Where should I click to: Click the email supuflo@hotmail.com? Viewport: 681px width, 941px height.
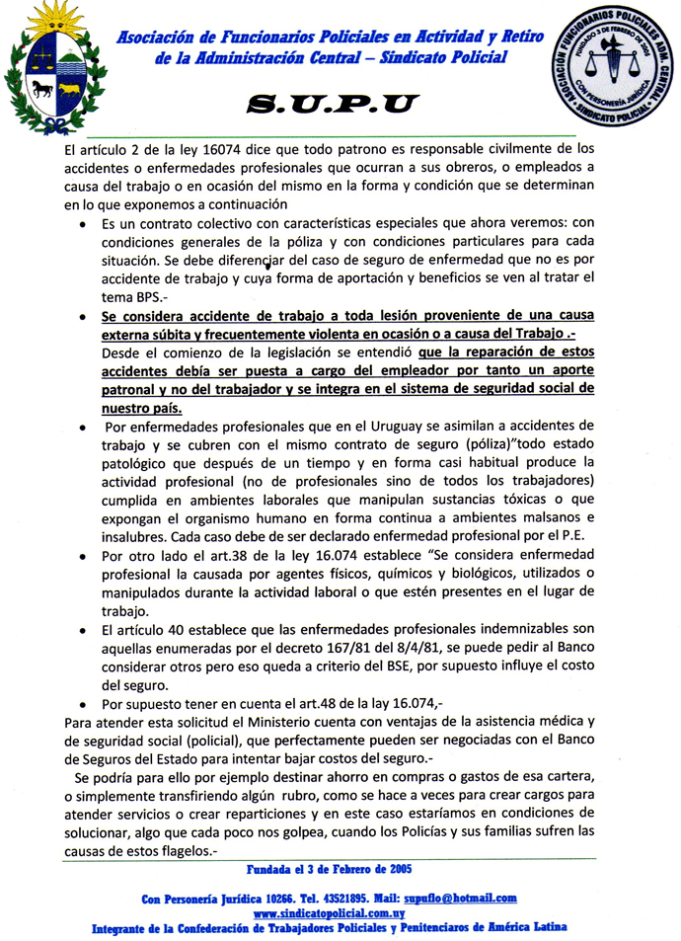coord(459,898)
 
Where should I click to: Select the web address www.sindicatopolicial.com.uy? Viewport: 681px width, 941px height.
coord(332,913)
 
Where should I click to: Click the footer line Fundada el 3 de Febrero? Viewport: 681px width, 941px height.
coord(329,869)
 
